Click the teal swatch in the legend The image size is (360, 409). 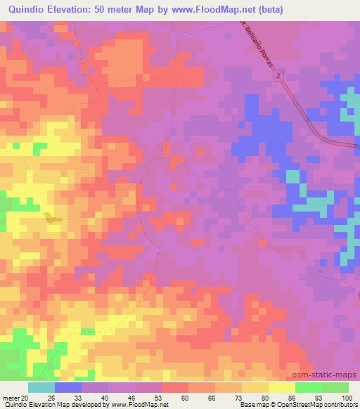(x=41, y=387)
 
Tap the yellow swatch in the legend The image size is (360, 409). (x=282, y=387)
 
